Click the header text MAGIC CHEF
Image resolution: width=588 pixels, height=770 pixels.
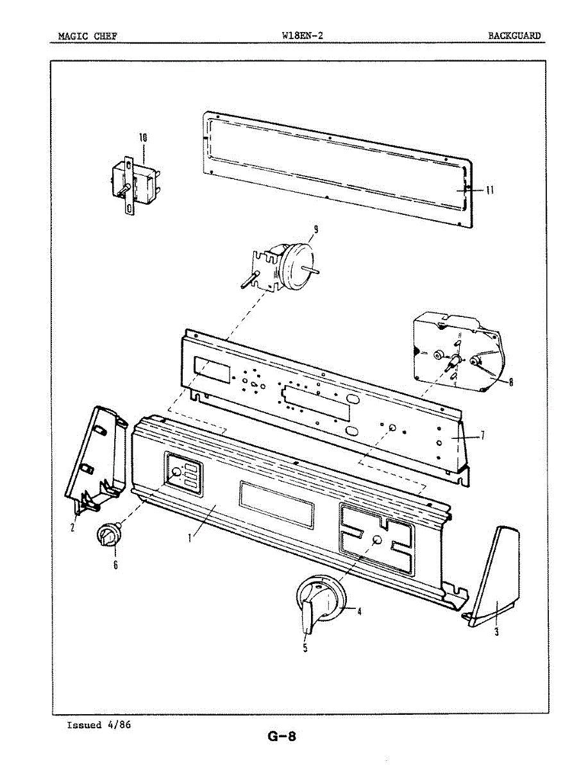tap(87, 36)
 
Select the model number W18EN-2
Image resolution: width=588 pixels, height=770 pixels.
tap(301, 35)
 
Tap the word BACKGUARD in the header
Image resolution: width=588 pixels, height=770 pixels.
tap(514, 36)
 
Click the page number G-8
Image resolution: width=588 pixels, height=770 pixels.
tap(281, 736)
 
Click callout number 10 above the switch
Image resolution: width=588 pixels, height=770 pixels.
tap(143, 137)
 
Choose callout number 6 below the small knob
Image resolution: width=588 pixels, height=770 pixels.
tap(115, 565)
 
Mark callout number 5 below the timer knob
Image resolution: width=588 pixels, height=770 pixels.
tap(305, 647)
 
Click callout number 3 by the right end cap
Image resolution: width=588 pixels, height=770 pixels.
tap(496, 631)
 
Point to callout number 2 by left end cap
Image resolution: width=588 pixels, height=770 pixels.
tap(72, 527)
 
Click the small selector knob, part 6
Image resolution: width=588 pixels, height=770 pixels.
tap(108, 534)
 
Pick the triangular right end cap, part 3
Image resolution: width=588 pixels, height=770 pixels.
tap(498, 571)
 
